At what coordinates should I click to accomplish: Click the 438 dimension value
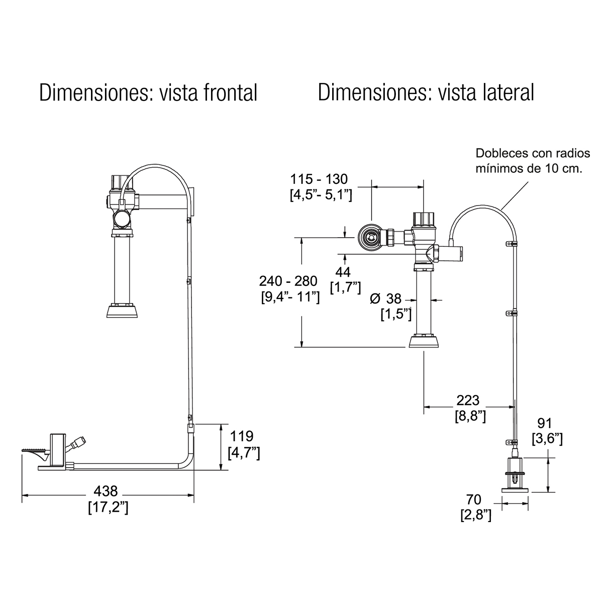pyautogui.click(x=106, y=491)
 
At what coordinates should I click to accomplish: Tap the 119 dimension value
pyautogui.click(x=243, y=436)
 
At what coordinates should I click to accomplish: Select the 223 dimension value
pyautogui.click(x=468, y=400)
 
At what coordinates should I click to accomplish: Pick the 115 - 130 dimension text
pyautogui.click(x=319, y=179)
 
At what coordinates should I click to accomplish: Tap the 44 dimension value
pyautogui.click(x=344, y=272)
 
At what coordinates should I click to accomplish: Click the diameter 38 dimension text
pyautogui.click(x=386, y=299)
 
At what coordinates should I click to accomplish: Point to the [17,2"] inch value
pyautogui.click(x=108, y=507)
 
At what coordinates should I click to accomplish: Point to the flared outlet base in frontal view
pyautogui.click(x=123, y=311)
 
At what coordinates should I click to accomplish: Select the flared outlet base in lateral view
pyautogui.click(x=425, y=342)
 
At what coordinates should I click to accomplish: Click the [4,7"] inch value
pyautogui.click(x=243, y=452)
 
